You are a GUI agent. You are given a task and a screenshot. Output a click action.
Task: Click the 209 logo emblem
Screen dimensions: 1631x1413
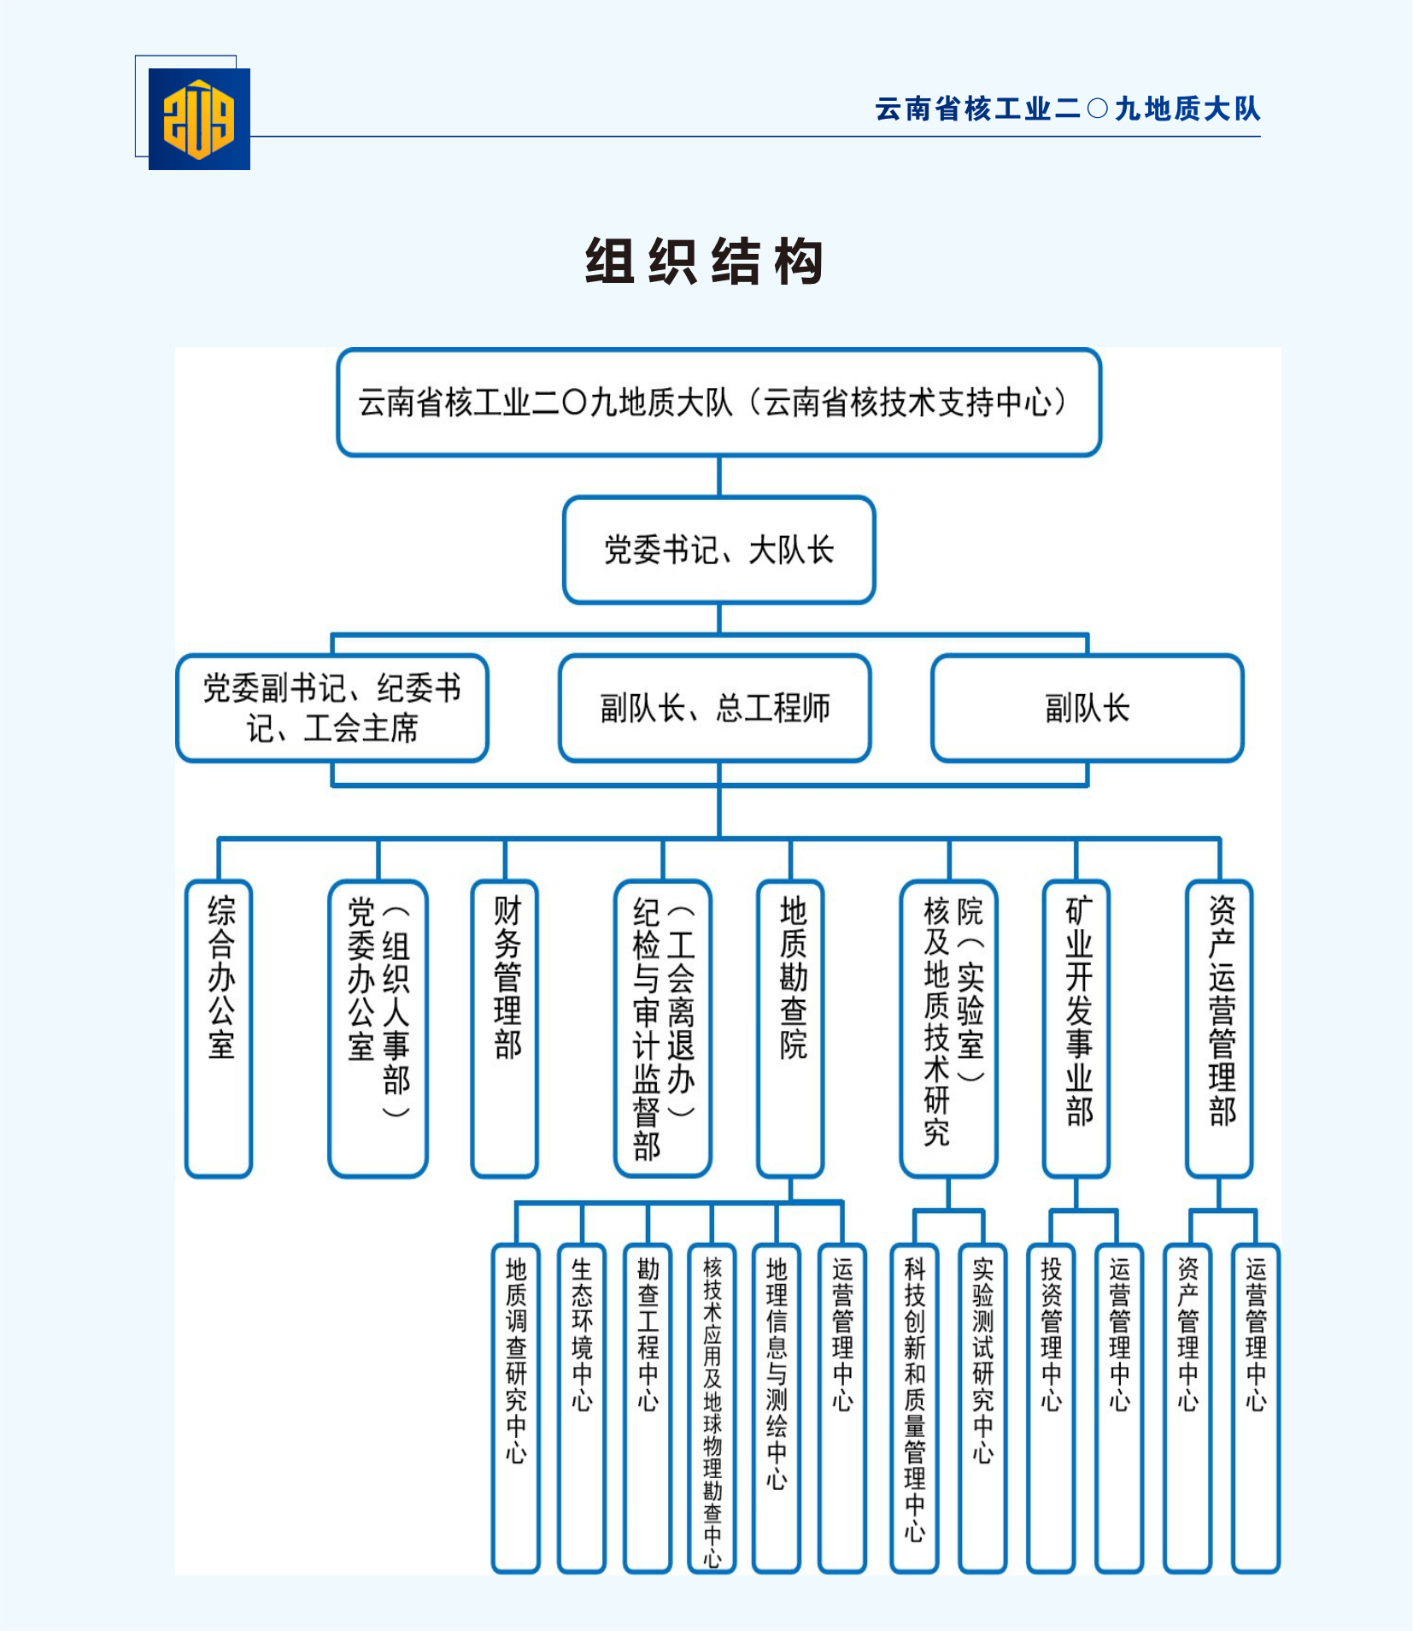tap(199, 119)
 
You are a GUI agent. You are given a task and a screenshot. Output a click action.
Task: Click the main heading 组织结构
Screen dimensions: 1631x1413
tap(705, 262)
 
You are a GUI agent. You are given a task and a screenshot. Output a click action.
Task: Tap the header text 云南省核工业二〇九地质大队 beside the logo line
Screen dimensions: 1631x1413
tap(1067, 109)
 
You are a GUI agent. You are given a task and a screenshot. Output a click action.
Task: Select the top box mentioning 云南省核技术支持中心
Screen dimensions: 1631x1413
tap(718, 403)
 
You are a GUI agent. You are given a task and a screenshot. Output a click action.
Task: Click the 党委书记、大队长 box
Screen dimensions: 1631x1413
tap(718, 551)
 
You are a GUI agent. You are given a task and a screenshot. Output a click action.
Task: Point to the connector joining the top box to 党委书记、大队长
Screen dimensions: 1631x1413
tap(718, 476)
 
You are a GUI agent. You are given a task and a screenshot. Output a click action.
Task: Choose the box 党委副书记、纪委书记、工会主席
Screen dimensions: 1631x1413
tap(332, 709)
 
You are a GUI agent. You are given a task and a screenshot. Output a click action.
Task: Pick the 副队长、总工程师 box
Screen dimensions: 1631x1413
tap(715, 709)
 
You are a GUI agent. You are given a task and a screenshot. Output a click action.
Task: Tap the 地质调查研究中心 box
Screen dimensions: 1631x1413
tap(516, 1407)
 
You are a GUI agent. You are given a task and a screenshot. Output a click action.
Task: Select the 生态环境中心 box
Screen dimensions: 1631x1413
tap(582, 1407)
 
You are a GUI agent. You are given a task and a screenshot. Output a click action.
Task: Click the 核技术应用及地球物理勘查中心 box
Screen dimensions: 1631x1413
tap(712, 1407)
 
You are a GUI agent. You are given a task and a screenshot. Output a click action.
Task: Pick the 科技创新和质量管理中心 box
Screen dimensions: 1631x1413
tap(914, 1407)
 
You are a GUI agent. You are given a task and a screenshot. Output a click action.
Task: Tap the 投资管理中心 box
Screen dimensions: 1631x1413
tap(1051, 1407)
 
